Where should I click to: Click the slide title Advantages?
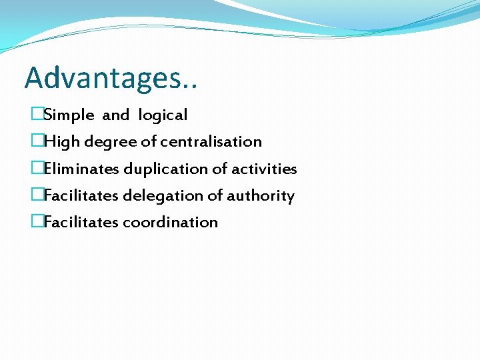pyautogui.click(x=111, y=78)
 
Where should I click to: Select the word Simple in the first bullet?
pyautogui.click(x=69, y=115)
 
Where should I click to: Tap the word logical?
pyautogui.click(x=163, y=115)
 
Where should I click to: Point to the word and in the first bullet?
pyautogui.click(x=115, y=115)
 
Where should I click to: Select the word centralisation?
pyautogui.click(x=211, y=142)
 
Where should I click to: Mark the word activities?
pyautogui.click(x=264, y=169)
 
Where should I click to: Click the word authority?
pyautogui.click(x=261, y=196)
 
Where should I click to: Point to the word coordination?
pyautogui.click(x=170, y=223)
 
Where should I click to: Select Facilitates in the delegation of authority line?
pyautogui.click(x=81, y=196)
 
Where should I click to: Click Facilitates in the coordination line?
pyautogui.click(x=81, y=223)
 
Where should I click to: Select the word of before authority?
pyautogui.click(x=216, y=196)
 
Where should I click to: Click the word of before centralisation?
pyautogui.click(x=150, y=142)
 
